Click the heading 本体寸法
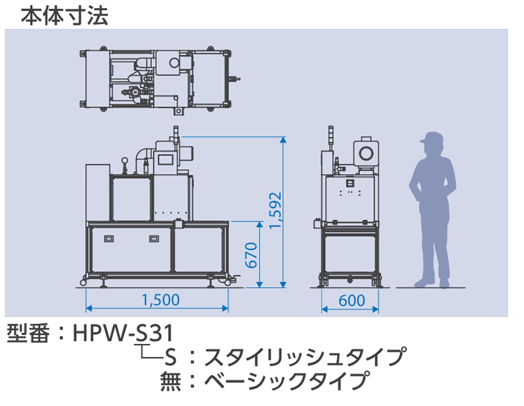click(64, 16)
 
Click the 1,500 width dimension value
click(161, 300)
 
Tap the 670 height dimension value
click(252, 255)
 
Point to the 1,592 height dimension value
click(276, 211)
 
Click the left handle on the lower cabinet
click(109, 239)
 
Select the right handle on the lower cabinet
click(154, 239)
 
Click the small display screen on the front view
click(166, 159)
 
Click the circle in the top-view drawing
click(174, 63)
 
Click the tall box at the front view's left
click(98, 193)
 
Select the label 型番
click(28, 333)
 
